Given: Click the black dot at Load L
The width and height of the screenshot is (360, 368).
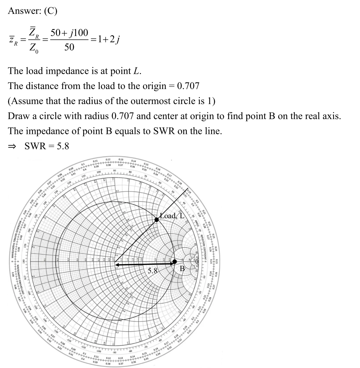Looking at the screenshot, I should [157, 219].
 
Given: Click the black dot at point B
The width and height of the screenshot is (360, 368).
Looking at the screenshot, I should [175, 262].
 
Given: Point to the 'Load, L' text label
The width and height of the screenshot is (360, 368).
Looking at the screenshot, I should [173, 216].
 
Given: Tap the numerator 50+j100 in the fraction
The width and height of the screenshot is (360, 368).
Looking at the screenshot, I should [69, 33].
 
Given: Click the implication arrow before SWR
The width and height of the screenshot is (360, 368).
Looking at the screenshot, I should [12, 146].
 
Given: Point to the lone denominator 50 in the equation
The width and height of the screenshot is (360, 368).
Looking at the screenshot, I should [69, 47].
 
